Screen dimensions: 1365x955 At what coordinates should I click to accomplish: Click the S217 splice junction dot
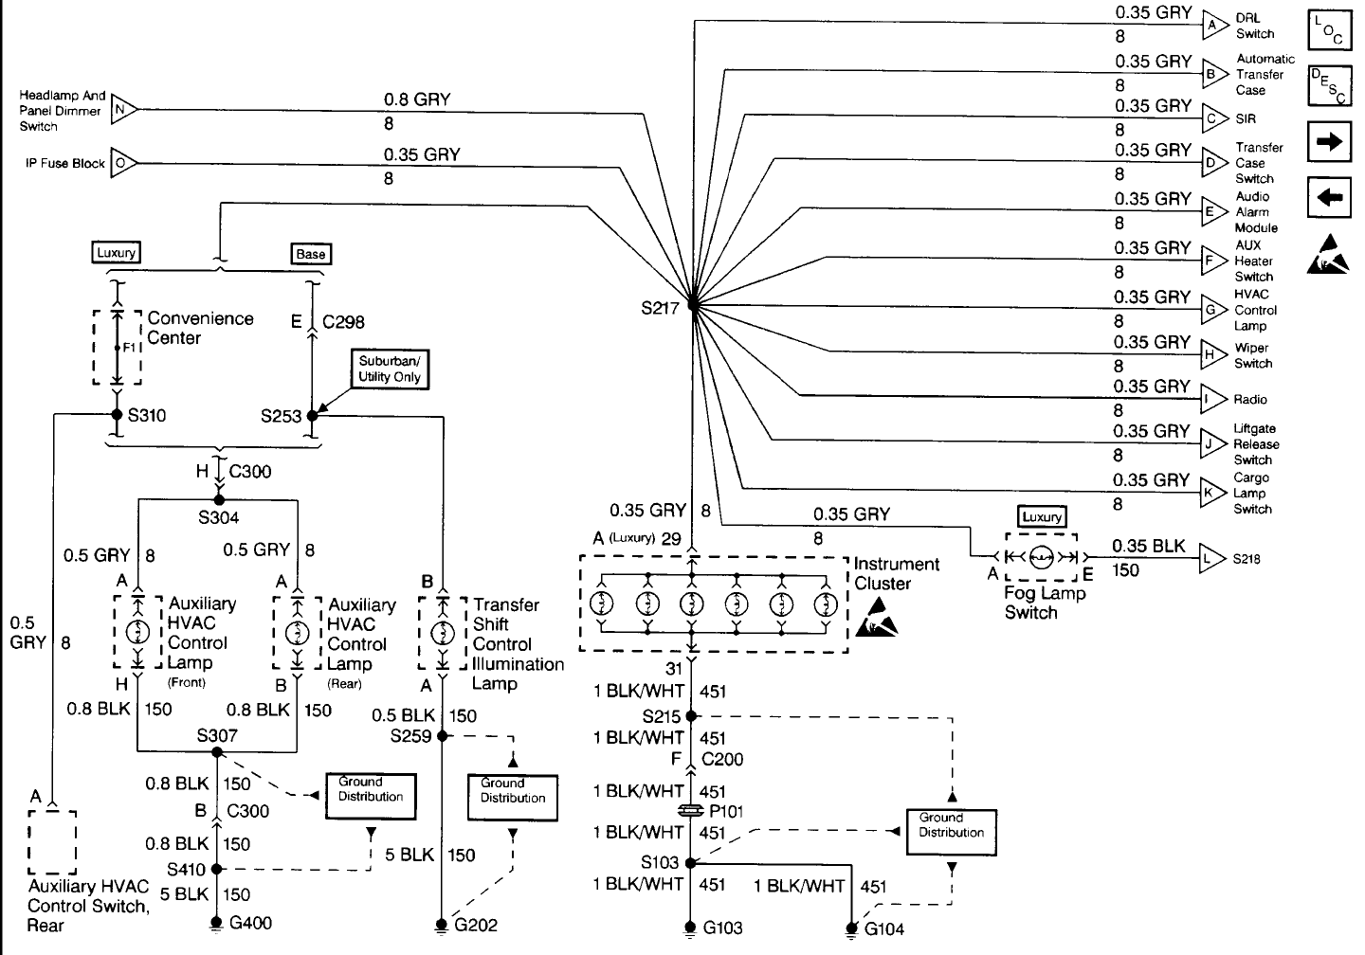coord(693,304)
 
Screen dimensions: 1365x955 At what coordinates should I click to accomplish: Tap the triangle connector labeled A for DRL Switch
coord(1214,25)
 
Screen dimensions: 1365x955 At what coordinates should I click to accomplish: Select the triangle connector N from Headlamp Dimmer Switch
coord(123,110)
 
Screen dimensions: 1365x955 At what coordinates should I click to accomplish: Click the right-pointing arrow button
coord(1329,142)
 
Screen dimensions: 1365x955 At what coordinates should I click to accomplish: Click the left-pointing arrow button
coord(1329,197)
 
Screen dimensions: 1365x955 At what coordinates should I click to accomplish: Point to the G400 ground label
coord(250,923)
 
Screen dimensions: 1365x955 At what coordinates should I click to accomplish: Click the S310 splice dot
coord(117,415)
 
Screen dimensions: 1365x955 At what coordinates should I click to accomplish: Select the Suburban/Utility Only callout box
coord(390,369)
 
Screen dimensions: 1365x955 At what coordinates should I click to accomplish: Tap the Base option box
coord(311,254)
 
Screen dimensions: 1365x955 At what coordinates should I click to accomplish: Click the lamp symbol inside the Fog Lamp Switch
coord(1042,557)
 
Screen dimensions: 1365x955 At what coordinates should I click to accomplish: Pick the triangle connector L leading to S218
coord(1211,559)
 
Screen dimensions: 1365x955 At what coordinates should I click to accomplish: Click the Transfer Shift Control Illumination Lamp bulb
coord(443,634)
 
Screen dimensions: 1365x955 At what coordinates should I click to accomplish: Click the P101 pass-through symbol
coord(691,811)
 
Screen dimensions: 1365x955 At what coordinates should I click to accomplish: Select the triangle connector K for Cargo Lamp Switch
coord(1213,492)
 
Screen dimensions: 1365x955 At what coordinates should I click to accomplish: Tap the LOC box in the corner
coord(1330,30)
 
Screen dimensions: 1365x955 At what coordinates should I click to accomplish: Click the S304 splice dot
coord(219,500)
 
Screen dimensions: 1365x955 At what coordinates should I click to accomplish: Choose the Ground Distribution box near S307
coord(371,796)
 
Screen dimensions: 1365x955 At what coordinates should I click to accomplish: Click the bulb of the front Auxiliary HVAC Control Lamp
coord(137,632)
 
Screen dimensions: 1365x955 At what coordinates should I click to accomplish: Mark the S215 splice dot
coord(691,716)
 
